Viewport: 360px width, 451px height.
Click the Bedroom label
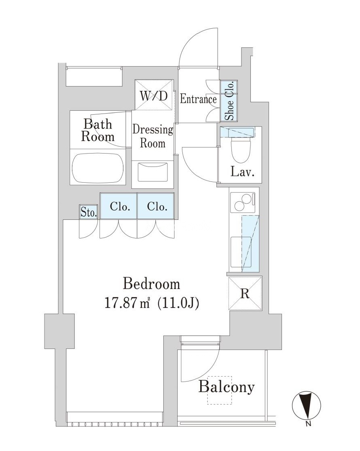coord(151,284)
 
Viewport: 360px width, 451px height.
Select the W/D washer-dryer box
coord(154,95)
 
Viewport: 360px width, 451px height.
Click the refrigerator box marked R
coord(245,293)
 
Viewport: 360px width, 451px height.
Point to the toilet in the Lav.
coord(240,148)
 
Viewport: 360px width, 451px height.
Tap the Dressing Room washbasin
coord(152,172)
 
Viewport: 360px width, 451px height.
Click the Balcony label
coord(227,387)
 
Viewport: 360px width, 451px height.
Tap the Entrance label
coord(198,99)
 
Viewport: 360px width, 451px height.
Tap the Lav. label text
coord(242,173)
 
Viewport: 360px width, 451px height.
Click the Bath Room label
coord(97,130)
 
